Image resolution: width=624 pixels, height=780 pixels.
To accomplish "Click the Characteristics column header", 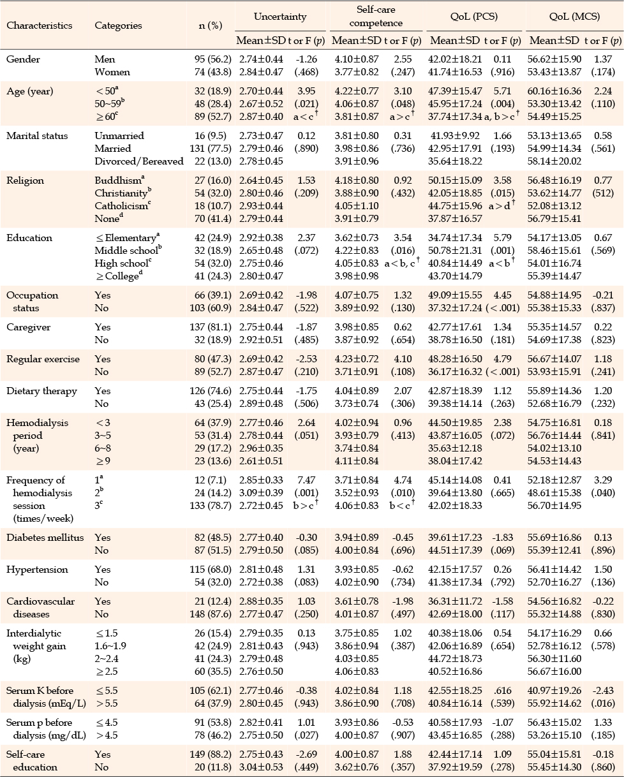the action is tap(39, 26).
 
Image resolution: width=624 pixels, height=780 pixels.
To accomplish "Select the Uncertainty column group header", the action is tap(280, 17).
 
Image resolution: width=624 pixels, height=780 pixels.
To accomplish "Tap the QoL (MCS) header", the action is tap(574, 17).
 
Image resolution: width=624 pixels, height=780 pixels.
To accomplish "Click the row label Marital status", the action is tap(37, 136).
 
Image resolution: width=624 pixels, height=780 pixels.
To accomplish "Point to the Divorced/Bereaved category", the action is tap(139, 161).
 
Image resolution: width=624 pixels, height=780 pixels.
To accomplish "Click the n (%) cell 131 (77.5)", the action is tap(211, 148).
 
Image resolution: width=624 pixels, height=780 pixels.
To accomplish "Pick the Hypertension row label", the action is tap(37, 569).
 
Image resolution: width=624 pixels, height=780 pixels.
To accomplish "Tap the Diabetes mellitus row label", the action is tap(45, 537).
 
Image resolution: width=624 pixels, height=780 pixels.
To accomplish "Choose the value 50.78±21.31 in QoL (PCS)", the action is tap(455, 250).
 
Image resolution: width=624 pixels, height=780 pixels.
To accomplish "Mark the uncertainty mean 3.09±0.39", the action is tap(261, 492).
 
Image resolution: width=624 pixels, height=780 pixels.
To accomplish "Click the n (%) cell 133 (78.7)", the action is tap(211, 505).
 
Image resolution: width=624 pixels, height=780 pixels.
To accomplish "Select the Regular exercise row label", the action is tap(43, 359).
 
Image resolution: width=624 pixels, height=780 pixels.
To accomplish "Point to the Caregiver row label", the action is tap(28, 327).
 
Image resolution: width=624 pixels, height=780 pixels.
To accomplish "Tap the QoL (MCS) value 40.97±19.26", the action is tap(554, 691).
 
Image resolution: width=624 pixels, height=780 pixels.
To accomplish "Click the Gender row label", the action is tap(23, 59).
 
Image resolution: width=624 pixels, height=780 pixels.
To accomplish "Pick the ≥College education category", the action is tap(119, 276).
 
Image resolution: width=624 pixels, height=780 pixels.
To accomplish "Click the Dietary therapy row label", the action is tap(41, 391).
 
